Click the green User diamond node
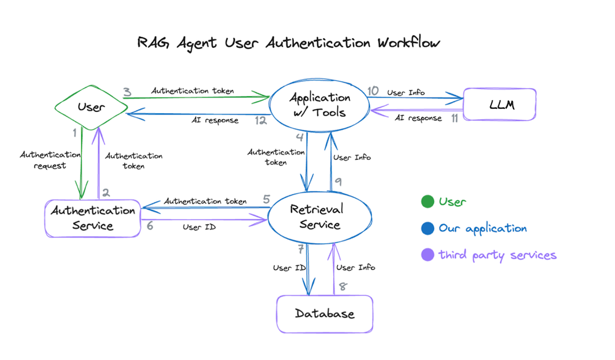click(x=91, y=107)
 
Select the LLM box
click(x=499, y=105)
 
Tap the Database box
click(x=325, y=314)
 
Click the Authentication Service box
click(x=93, y=218)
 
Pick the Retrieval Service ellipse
click(x=317, y=217)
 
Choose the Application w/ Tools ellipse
click(x=320, y=105)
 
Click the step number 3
click(x=127, y=93)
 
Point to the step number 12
click(x=261, y=121)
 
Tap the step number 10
click(x=373, y=91)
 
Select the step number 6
click(x=150, y=226)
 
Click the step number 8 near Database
click(x=343, y=286)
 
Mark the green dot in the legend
click(x=427, y=202)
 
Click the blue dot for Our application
click(x=427, y=228)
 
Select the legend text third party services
click(x=497, y=255)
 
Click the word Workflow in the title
click(x=409, y=43)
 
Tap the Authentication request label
click(x=50, y=160)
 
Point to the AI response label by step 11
click(x=418, y=118)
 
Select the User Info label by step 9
click(x=352, y=158)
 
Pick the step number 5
click(x=266, y=199)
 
